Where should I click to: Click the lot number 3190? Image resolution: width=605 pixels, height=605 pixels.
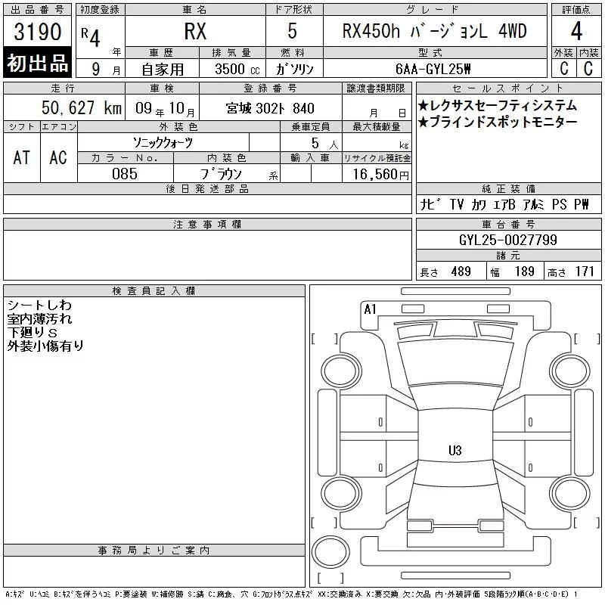[x=37, y=32]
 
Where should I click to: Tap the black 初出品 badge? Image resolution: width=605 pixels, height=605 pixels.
[x=37, y=63]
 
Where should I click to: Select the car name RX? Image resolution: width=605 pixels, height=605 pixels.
[x=195, y=31]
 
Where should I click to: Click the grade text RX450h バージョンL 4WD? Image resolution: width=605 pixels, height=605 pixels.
[x=434, y=31]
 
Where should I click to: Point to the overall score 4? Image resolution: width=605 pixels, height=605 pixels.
[x=576, y=31]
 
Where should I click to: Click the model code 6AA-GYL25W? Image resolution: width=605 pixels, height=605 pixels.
[x=433, y=69]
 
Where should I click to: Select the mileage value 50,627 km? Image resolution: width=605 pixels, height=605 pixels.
[x=82, y=107]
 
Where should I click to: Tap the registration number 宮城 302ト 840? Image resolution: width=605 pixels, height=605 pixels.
[x=270, y=108]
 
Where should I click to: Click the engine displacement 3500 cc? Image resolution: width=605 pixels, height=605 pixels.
[x=237, y=69]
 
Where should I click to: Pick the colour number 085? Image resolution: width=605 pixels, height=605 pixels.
[x=125, y=174]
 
